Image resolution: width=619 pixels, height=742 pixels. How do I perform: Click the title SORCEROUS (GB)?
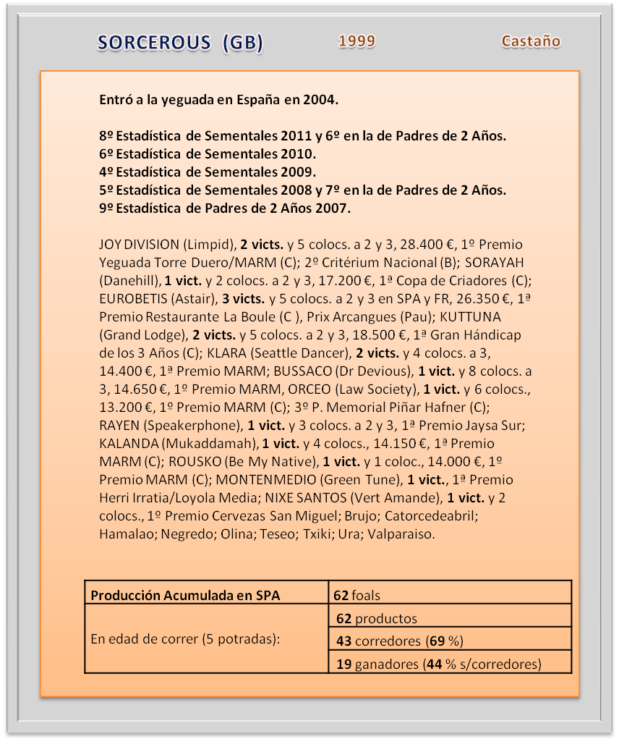click(180, 43)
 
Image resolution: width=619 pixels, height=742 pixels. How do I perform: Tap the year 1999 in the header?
click(357, 41)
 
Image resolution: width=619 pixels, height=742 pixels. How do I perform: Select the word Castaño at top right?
click(531, 41)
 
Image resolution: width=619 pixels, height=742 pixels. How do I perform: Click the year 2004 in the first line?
click(320, 100)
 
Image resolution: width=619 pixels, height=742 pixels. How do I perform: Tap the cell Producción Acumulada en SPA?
click(185, 596)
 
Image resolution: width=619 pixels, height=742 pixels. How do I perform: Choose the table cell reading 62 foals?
click(357, 596)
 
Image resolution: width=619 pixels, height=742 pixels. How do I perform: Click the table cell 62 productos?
click(375, 618)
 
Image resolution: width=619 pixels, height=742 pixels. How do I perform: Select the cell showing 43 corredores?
click(398, 641)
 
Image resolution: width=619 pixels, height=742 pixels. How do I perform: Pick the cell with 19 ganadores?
click(437, 663)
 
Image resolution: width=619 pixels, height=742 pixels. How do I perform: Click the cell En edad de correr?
click(185, 640)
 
